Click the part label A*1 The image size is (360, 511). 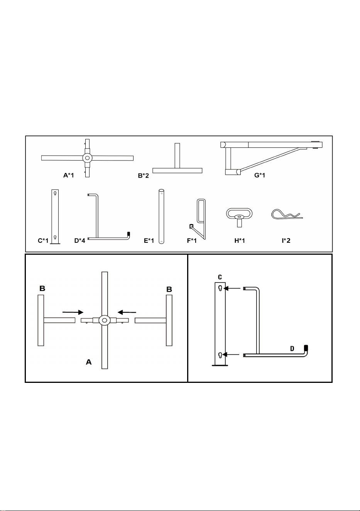click(69, 176)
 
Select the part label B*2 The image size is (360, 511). click(144, 176)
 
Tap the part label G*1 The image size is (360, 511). click(260, 176)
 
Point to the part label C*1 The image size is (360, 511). click(43, 241)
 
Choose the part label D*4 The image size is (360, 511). click(79, 241)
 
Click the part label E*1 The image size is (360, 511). click(149, 241)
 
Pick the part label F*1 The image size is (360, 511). click(192, 241)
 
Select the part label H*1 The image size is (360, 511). click(240, 241)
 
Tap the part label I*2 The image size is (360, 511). click(286, 241)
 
